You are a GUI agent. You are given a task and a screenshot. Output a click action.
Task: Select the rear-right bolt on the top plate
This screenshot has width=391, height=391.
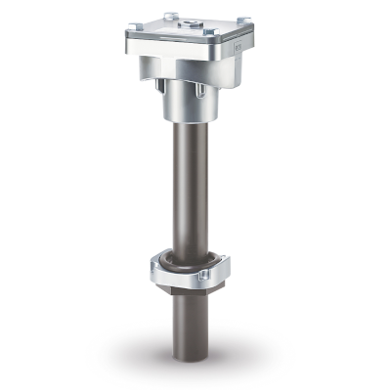click(x=243, y=20)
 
